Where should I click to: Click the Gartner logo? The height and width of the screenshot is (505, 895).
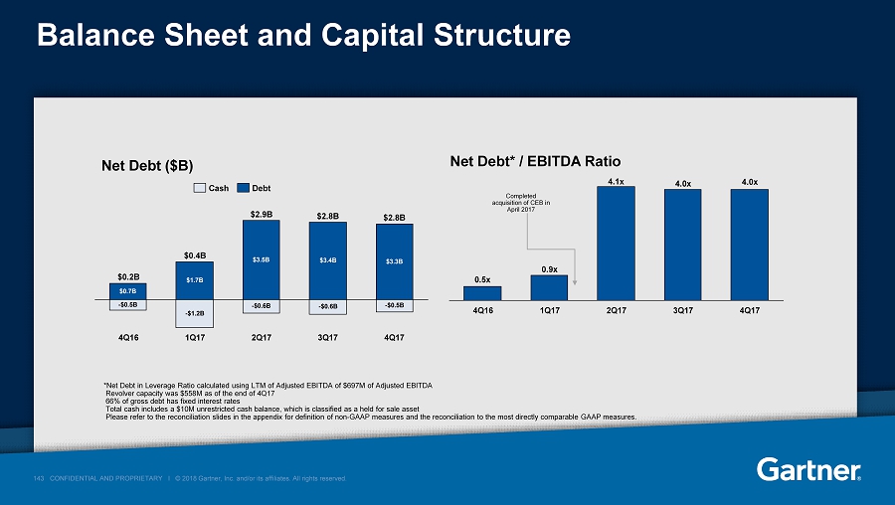(x=808, y=468)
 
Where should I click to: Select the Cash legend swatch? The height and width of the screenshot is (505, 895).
(x=198, y=187)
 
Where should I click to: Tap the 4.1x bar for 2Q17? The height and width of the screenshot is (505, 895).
(x=616, y=243)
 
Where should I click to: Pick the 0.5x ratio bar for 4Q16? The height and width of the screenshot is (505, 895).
(x=482, y=292)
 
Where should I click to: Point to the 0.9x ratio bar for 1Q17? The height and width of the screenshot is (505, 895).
(x=549, y=287)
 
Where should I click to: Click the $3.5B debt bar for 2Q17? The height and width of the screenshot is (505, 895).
(x=262, y=259)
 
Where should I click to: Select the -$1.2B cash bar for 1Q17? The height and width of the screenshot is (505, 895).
(x=195, y=313)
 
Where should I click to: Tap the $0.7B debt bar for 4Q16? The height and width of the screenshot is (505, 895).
(x=128, y=291)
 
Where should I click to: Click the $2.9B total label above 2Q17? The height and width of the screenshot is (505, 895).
(x=262, y=214)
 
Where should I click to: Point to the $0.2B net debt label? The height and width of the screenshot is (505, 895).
(x=128, y=276)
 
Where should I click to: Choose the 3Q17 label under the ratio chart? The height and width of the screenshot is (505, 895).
(x=682, y=310)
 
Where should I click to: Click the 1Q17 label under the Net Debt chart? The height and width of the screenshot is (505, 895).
(x=195, y=337)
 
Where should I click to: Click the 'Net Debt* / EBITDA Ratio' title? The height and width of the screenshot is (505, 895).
(x=535, y=161)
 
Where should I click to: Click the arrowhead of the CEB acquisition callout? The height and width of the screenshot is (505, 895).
(x=576, y=267)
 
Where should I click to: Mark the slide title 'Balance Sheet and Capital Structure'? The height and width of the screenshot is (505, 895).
(x=302, y=36)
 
